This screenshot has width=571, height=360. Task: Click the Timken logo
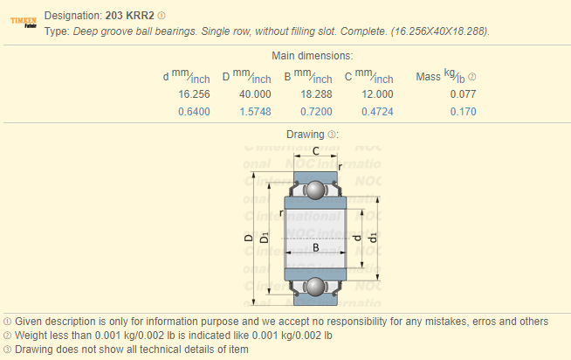click(24, 22)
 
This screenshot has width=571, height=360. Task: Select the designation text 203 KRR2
click(129, 16)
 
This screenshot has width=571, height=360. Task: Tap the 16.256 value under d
click(194, 94)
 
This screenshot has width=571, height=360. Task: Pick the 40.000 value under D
click(255, 94)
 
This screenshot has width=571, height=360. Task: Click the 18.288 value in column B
click(316, 94)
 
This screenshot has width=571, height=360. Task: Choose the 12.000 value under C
click(377, 94)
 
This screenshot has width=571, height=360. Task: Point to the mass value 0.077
click(463, 94)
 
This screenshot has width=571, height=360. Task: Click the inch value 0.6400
click(194, 112)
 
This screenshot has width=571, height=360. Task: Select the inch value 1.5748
click(255, 112)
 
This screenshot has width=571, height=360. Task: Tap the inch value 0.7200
click(316, 112)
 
